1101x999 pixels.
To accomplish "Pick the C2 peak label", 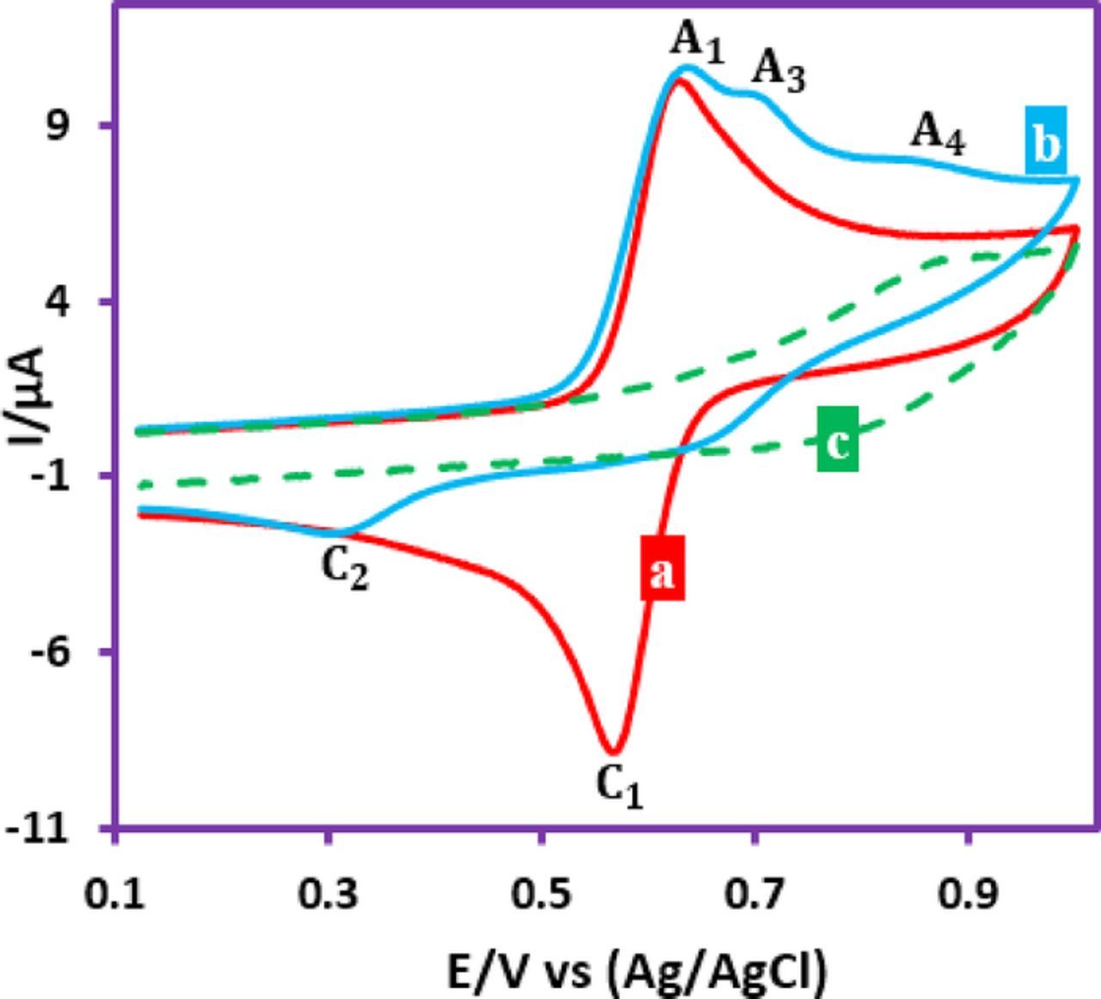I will click(345, 570).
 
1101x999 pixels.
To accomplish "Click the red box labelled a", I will click(662, 568).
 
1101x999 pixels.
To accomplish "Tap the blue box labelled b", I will click(1045, 142).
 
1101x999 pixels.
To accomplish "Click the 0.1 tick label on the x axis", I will click(117, 895).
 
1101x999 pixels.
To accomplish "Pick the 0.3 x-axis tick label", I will click(329, 895).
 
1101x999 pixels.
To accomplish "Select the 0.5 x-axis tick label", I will click(542, 895).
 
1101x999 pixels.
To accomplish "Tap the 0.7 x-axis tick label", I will click(755, 895).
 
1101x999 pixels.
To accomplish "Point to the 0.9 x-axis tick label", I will click(969, 895).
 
